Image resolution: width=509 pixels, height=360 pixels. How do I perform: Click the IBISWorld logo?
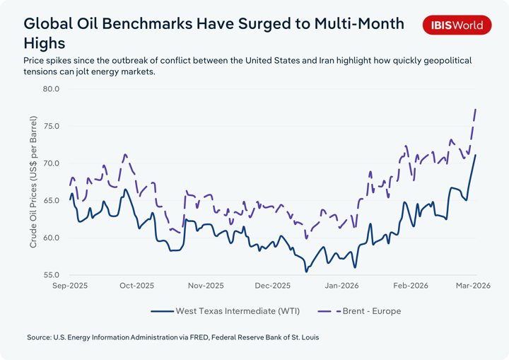click(457, 25)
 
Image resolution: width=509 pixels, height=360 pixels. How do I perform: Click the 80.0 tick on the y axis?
click(51, 89)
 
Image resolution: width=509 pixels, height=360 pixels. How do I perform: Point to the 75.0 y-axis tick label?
click(51, 126)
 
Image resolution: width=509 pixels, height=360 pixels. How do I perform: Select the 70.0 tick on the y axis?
click(51, 163)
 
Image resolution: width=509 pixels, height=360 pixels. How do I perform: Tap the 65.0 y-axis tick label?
click(51, 201)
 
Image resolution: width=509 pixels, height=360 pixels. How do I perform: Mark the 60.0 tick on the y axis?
click(51, 238)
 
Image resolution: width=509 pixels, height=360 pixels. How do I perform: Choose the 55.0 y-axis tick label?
click(51, 275)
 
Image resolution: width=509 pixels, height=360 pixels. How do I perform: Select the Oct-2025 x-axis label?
click(136, 286)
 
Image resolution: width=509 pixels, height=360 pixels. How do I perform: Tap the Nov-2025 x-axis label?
click(205, 286)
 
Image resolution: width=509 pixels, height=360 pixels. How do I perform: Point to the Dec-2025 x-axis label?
click(273, 286)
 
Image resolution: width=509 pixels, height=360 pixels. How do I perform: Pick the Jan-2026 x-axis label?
click(341, 286)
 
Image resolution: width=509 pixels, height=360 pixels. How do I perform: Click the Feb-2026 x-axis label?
click(410, 286)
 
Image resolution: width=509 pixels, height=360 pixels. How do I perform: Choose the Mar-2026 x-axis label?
click(474, 286)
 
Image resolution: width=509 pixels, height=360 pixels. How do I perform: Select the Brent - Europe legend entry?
click(371, 310)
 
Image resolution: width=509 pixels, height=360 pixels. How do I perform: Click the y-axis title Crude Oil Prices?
click(33, 182)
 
